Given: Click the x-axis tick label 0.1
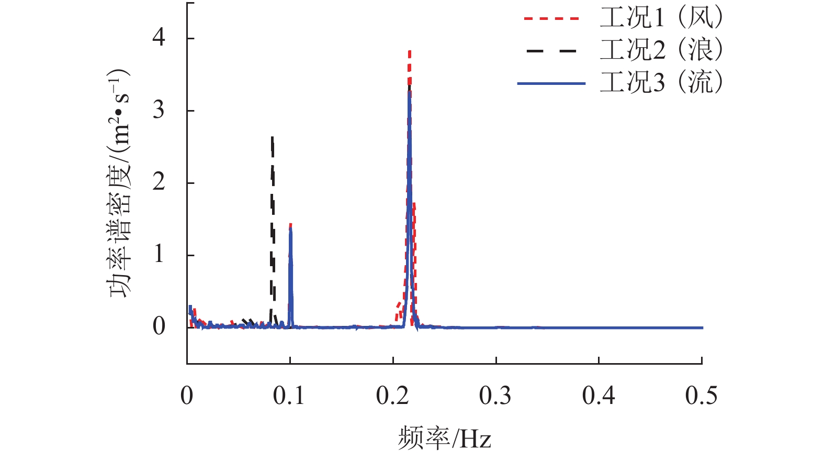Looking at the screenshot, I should point(289,396).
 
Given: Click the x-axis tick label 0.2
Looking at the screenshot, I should point(392,396).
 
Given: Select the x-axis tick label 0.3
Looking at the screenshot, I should point(495,396).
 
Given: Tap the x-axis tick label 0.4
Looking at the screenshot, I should point(598,396).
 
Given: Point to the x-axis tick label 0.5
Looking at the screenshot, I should point(701,396).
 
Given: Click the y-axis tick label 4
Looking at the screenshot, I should point(159,38).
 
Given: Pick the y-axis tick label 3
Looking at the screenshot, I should point(159,110).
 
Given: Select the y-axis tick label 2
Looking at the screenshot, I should point(159,182).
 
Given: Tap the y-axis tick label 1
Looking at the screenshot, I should point(159,255).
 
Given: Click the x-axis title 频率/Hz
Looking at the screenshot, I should point(444,438).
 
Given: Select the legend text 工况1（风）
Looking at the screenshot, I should point(661,18).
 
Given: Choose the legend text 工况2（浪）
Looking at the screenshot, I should point(661,50).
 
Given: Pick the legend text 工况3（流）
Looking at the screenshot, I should point(661,83).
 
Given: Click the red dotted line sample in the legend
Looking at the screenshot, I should point(551,18).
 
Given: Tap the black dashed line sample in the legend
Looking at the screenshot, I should point(551,51).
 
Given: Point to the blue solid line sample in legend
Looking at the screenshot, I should point(551,83).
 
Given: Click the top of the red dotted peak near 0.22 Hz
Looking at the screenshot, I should point(410,51).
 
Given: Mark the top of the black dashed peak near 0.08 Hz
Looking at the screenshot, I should point(272,137).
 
